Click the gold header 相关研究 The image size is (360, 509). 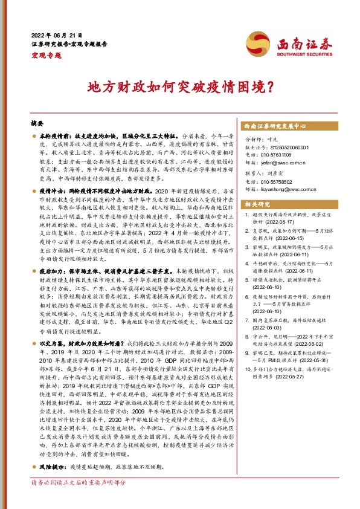[257, 204]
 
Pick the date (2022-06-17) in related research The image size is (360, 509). [274, 221]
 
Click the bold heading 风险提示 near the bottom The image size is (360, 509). [51, 467]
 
